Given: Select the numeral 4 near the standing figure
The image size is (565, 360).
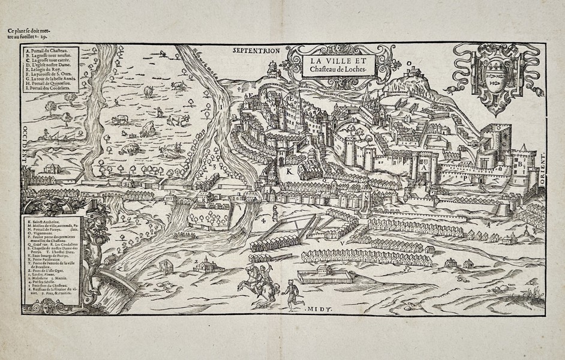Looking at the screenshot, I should coord(263,221).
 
